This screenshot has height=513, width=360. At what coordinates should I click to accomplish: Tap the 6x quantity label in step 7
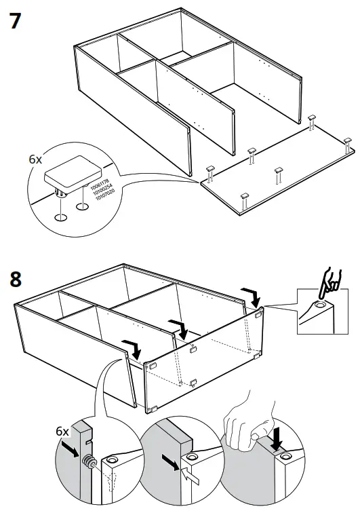coord(35,160)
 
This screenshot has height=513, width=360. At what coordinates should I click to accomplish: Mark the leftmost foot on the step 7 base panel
coord(209,172)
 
